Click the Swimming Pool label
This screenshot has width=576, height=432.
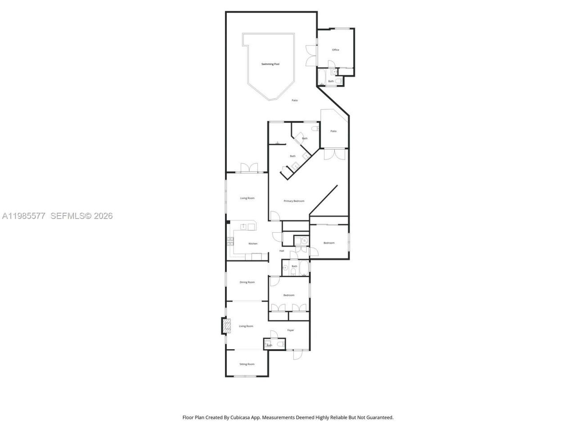pos(270,64)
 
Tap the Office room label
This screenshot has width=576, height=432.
pos(335,50)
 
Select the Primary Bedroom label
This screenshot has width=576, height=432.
pos(294,201)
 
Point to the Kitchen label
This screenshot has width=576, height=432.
pos(253,244)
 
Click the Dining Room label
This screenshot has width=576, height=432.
pos(247,282)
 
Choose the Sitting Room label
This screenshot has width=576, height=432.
pos(247,364)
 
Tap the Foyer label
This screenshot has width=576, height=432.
pos(291,330)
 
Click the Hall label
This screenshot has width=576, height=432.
pos(282,251)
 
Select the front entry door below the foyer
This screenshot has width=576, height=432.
pos(297,355)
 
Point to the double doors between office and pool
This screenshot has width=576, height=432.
pos(310,55)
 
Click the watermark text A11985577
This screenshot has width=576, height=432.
pos(23,216)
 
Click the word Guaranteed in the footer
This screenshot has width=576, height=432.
pos(380,418)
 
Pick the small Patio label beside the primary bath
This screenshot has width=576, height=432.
pos(333,131)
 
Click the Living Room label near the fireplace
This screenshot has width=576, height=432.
pos(246,326)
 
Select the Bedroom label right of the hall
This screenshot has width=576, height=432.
pos(329,243)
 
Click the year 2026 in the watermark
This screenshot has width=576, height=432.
pos(103,216)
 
